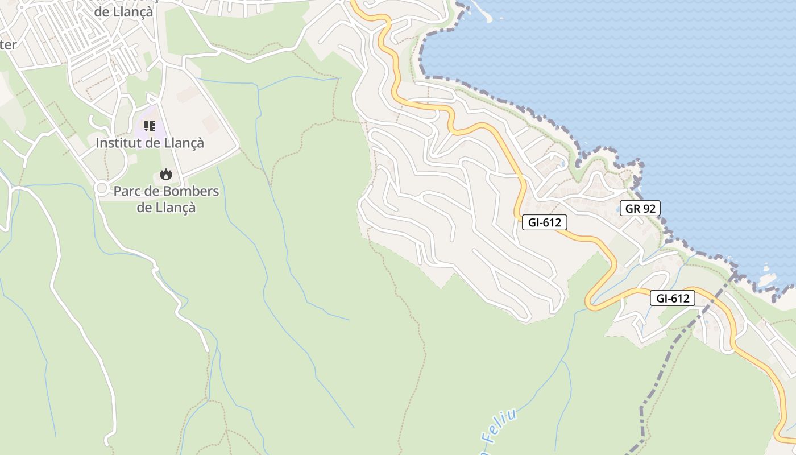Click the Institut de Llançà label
pyautogui.click(x=150, y=143)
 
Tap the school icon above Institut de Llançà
pyautogui.click(x=150, y=126)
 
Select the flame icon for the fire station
pyautogui.click(x=166, y=174)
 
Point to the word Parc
pyautogui.click(x=128, y=191)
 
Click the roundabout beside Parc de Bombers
pyautogui.click(x=102, y=188)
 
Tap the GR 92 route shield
pyautogui.click(x=640, y=208)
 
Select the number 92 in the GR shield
pyautogui.click(x=649, y=208)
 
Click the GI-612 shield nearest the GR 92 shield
pyautogui.click(x=544, y=222)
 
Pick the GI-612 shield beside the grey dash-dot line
pyautogui.click(x=673, y=297)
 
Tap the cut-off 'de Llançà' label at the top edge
pyautogui.click(x=123, y=11)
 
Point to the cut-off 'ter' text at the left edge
pyautogui.click(x=8, y=44)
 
